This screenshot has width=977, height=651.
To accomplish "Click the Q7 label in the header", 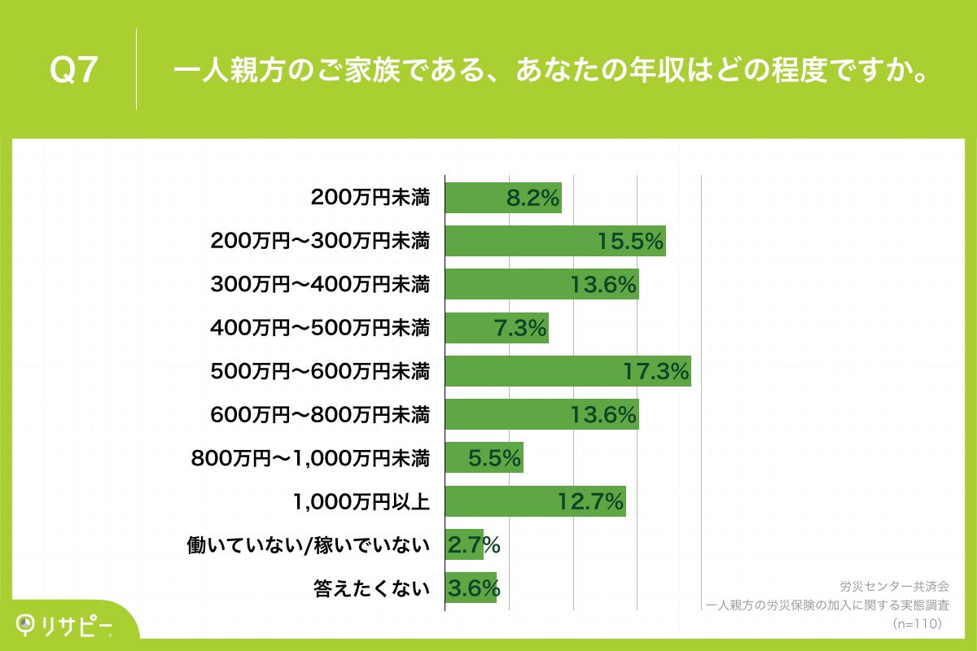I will [74, 71].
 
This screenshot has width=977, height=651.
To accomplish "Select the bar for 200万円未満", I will [503, 198].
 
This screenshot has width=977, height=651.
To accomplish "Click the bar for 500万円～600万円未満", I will [567, 371].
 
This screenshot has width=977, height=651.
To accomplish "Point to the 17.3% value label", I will [656, 371].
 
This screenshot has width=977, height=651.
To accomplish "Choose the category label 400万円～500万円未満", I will [320, 329].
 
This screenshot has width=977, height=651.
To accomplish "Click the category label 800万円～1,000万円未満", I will [310, 459].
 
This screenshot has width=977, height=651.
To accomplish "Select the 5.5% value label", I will [494, 458].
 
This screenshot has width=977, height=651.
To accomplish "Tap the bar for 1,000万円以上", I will [535, 501].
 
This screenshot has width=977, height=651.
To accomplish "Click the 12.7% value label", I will [591, 501].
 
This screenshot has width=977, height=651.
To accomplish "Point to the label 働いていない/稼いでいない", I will [309, 546].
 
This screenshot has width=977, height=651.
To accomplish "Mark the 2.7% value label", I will [473, 545].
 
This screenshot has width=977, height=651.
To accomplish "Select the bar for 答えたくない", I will [471, 588].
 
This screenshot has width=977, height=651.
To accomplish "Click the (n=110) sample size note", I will [917, 623].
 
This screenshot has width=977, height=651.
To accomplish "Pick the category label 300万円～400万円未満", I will [320, 285].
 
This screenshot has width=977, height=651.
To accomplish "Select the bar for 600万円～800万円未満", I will [541, 415].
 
